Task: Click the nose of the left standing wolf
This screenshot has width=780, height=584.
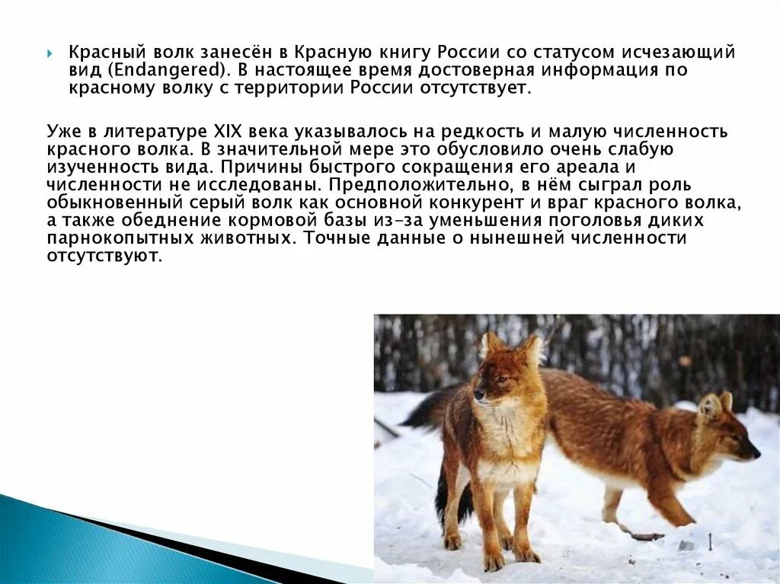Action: pos(477,395)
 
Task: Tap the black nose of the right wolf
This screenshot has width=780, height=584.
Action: pos(756,455)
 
